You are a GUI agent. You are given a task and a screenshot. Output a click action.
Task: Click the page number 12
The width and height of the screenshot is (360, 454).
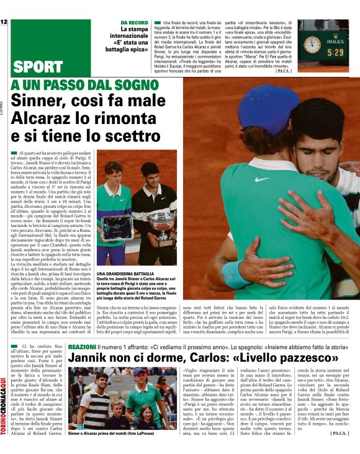(x=4, y=22)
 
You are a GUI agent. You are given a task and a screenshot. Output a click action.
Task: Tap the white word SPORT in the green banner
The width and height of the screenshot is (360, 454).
(x=38, y=67)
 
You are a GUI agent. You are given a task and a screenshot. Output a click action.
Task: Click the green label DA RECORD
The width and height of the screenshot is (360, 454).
(x=135, y=22)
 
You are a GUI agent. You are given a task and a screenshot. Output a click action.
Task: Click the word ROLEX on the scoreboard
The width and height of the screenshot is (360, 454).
(x=335, y=43)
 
